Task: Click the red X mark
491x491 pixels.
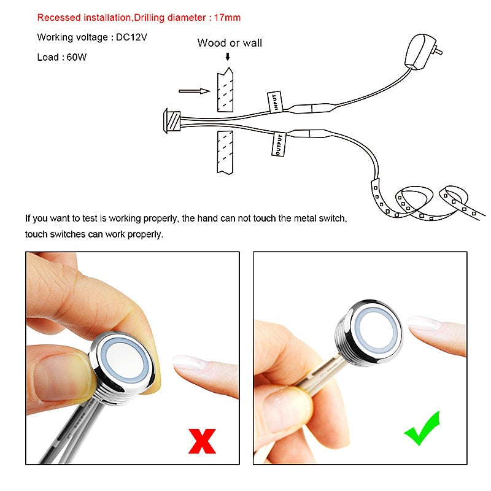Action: [x=203, y=441]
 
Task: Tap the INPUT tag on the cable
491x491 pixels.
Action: [x=275, y=101]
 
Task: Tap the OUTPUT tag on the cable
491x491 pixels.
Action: [x=279, y=144]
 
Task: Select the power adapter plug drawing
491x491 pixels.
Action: [x=421, y=52]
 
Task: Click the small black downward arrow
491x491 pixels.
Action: [x=228, y=56]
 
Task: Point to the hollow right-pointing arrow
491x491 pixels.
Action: [x=194, y=91]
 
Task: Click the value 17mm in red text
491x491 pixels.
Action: [x=227, y=18]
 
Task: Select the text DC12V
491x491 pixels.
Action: [x=131, y=37]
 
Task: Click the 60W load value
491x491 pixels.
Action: [x=76, y=57]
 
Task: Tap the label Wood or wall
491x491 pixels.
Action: [x=230, y=43]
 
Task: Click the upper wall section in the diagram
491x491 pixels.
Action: [x=225, y=90]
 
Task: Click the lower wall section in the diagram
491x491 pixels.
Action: [x=225, y=152]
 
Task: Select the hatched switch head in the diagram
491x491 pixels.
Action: [x=172, y=121]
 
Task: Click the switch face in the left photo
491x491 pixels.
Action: [x=125, y=360]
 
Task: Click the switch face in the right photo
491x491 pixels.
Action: [x=377, y=329]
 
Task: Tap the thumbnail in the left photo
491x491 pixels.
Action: [x=60, y=377]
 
